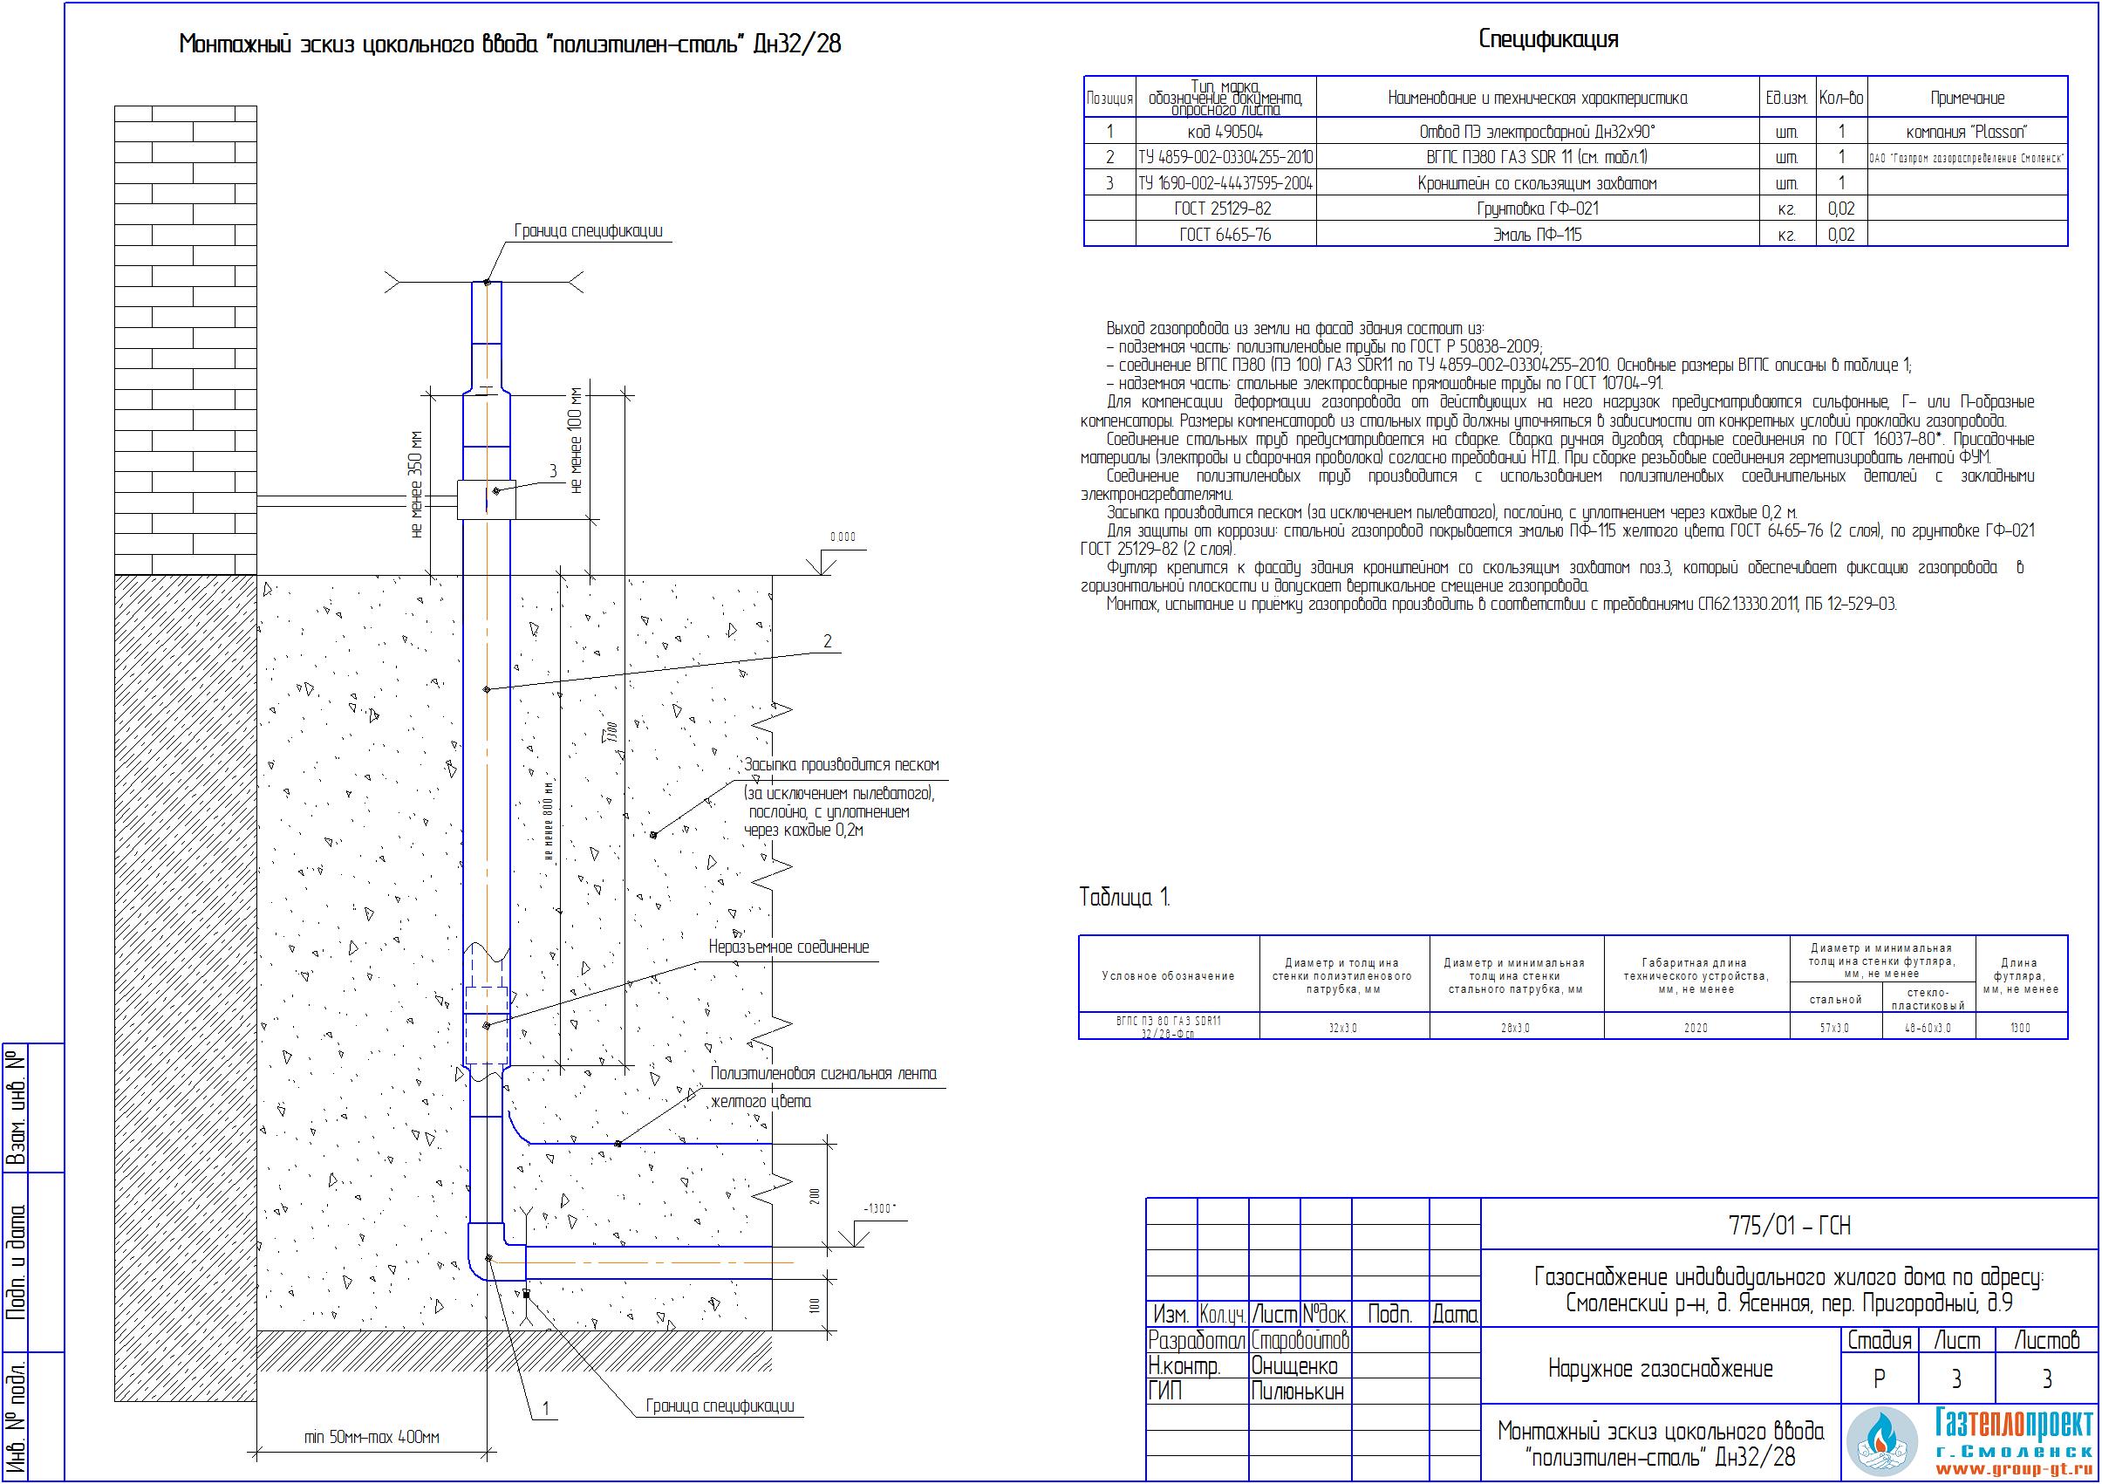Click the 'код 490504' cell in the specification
point(1225,132)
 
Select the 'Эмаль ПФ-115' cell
point(1537,235)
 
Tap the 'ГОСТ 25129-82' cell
point(1225,209)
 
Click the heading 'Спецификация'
point(1548,39)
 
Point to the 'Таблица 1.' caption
point(1124,897)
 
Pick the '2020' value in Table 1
point(1696,1028)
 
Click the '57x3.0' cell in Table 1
point(1835,1028)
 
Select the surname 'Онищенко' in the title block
point(1294,1367)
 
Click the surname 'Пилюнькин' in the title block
point(1297,1392)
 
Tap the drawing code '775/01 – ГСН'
point(1789,1226)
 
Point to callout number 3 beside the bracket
point(553,470)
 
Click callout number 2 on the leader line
point(828,641)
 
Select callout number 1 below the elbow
point(547,1408)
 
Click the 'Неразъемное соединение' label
point(788,947)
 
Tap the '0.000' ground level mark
point(843,537)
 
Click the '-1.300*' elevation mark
point(879,1208)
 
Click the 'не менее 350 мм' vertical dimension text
point(418,483)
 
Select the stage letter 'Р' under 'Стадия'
point(1879,1378)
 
